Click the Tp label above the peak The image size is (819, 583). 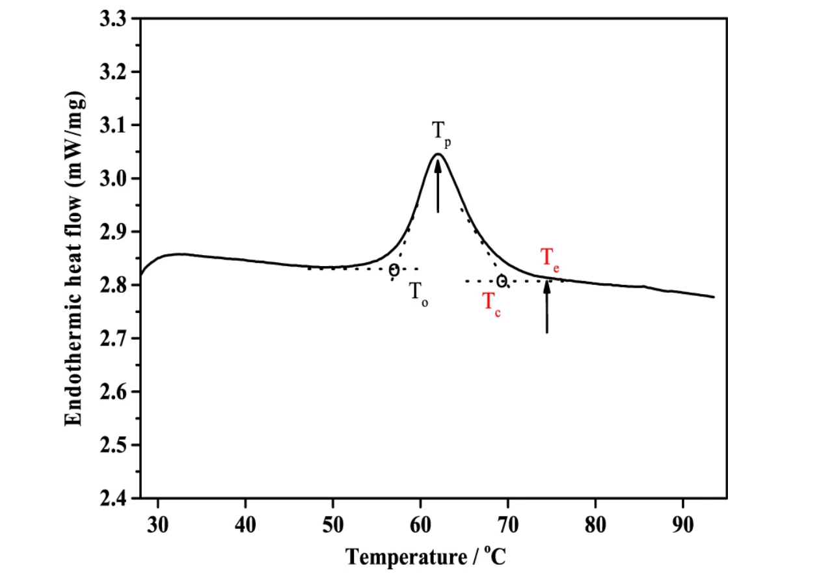(x=440, y=133)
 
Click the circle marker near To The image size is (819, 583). (x=394, y=270)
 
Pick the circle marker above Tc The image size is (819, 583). (x=502, y=281)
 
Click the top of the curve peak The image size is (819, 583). (x=437, y=154)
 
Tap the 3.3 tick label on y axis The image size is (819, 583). (x=114, y=19)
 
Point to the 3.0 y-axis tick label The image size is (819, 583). (x=114, y=179)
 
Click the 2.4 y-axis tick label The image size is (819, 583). (x=114, y=499)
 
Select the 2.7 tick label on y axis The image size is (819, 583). (x=114, y=339)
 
